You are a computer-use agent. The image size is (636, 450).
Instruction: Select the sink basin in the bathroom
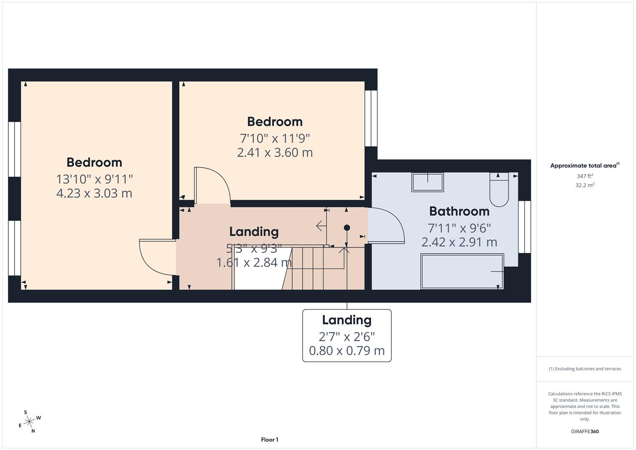coord(427,182)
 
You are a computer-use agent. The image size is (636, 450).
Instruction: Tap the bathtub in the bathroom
coord(462,271)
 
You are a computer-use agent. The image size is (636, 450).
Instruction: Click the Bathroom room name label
coord(459,211)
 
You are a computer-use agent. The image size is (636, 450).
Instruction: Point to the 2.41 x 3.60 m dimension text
coord(274,152)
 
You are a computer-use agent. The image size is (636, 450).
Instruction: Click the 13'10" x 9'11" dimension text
coord(94,179)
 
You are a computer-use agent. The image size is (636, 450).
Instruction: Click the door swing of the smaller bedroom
coord(212,185)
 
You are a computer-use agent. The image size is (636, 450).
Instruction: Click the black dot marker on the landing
coord(347,227)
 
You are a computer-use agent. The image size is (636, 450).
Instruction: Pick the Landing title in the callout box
coord(347,320)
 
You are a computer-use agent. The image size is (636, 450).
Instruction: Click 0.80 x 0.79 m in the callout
coord(347,351)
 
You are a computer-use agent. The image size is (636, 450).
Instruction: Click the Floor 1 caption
coord(269,440)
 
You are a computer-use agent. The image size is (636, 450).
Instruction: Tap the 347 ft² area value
coord(584,176)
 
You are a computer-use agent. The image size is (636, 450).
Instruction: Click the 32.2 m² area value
coord(584,185)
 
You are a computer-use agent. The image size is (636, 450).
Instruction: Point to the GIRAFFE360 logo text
coord(584,431)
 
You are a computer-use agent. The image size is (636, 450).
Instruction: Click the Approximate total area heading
coord(584,165)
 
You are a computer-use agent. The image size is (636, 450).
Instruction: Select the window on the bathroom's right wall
coord(524,227)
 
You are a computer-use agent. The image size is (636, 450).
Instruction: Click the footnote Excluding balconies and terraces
coord(584,369)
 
